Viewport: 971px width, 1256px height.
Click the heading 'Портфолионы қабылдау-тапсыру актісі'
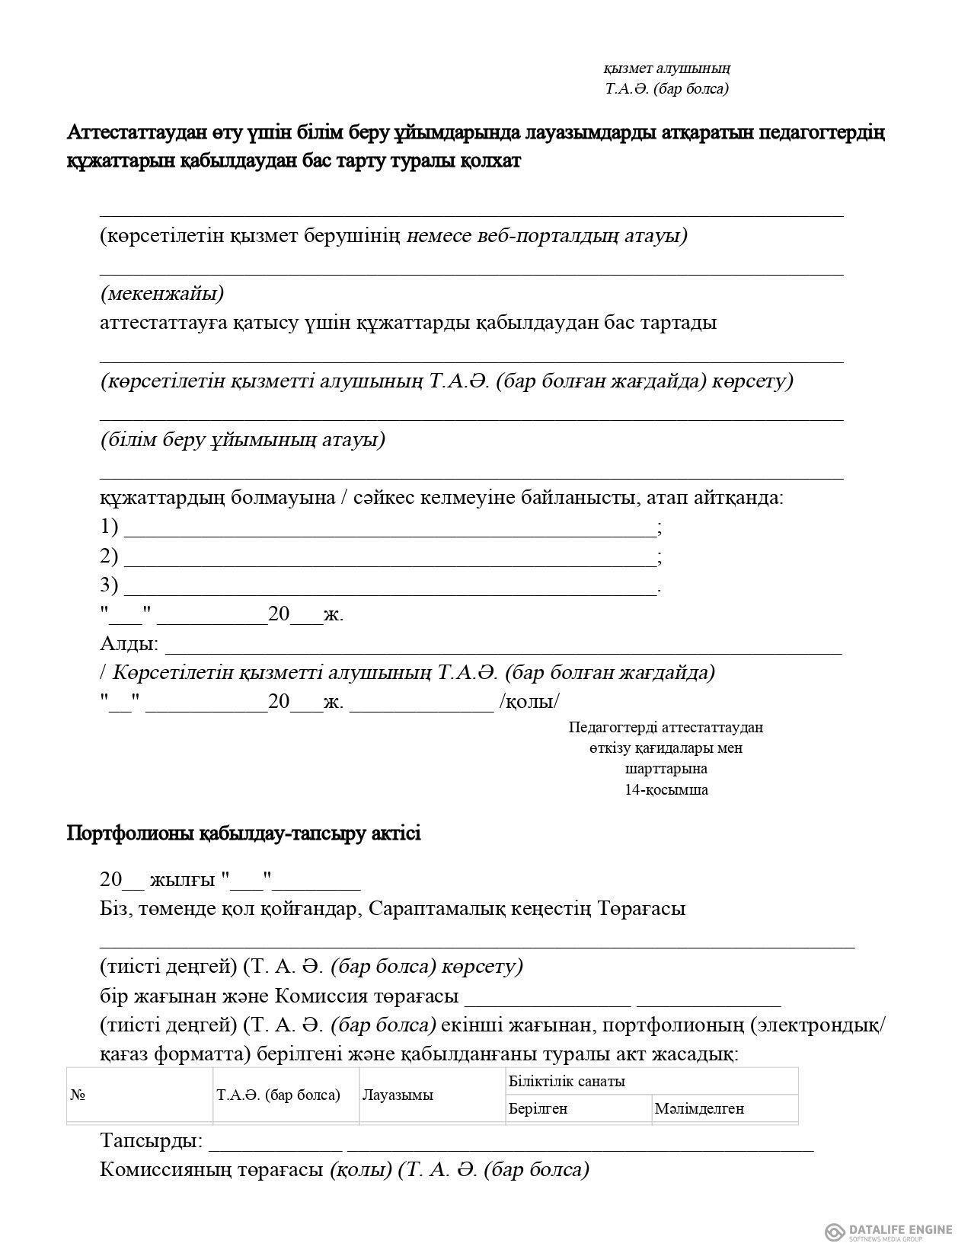244,833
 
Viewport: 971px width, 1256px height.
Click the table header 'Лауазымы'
398,1095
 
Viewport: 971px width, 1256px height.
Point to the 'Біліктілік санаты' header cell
567,1082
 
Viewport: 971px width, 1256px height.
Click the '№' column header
77,1095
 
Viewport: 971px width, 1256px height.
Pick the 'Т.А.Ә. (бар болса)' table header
278,1095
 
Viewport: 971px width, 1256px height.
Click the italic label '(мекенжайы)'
161,293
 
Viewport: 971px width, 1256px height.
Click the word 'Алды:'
129,644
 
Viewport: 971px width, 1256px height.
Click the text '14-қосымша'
666,790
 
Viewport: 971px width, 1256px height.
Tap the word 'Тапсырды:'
152,1140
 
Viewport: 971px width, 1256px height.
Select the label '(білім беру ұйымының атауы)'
242,439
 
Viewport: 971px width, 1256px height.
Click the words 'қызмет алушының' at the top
667,69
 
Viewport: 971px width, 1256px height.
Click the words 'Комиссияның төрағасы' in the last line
212,1169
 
